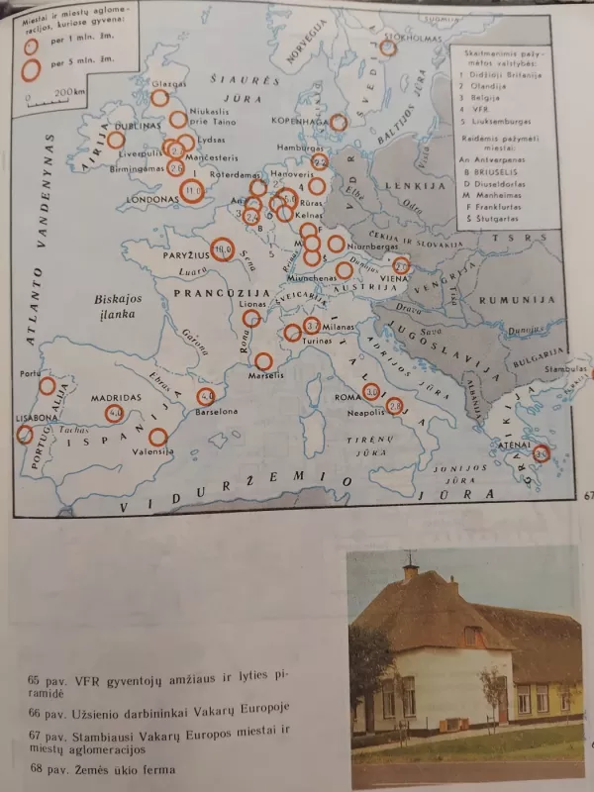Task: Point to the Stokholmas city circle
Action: pos(388,47)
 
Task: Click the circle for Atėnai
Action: pos(541,454)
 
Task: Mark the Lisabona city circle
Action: pos(24,434)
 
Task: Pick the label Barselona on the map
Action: pos(222,411)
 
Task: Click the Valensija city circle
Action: pos(157,437)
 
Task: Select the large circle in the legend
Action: pos(33,69)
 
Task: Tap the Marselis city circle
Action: pos(263,362)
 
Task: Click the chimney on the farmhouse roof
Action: pos(410,571)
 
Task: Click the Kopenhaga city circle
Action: pos(339,122)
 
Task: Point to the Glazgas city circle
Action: pos(159,98)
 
